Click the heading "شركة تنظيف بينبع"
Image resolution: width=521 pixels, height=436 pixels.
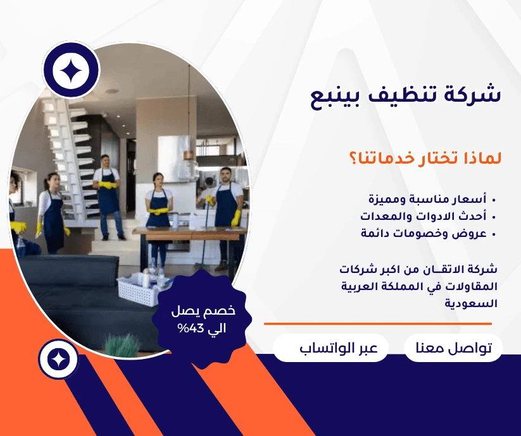click(405, 95)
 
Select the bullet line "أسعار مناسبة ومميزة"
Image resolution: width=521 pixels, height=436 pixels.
click(427, 199)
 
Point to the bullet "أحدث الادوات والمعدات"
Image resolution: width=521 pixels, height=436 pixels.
click(424, 217)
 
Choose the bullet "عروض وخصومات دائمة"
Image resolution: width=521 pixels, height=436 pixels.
click(424, 233)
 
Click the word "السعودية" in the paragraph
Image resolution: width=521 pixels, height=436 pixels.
click(471, 303)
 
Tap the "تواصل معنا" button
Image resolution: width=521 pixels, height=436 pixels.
click(453, 348)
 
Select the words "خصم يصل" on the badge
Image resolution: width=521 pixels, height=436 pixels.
click(203, 311)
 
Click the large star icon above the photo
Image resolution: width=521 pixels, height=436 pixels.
click(71, 70)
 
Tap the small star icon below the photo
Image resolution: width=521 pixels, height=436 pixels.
click(58, 360)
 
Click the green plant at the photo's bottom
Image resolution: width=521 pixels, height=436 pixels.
click(122, 345)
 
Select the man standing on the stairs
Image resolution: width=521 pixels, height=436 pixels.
click(108, 197)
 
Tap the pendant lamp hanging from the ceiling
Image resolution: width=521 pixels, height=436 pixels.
click(189, 138)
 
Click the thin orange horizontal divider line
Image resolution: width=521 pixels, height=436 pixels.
click(378, 324)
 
